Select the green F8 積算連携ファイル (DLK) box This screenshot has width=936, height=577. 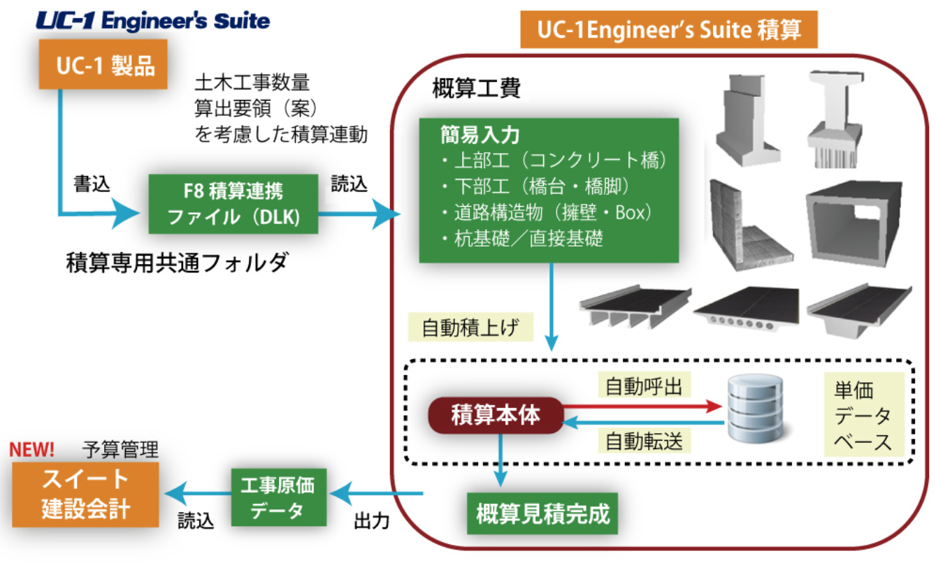click(x=233, y=203)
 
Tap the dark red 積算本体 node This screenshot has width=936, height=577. click(x=496, y=415)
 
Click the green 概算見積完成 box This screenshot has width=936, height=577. click(x=542, y=514)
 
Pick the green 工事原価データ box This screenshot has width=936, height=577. click(x=278, y=497)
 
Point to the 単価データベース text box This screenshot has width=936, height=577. click(x=863, y=415)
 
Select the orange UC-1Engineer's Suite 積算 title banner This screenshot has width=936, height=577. click(x=668, y=30)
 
